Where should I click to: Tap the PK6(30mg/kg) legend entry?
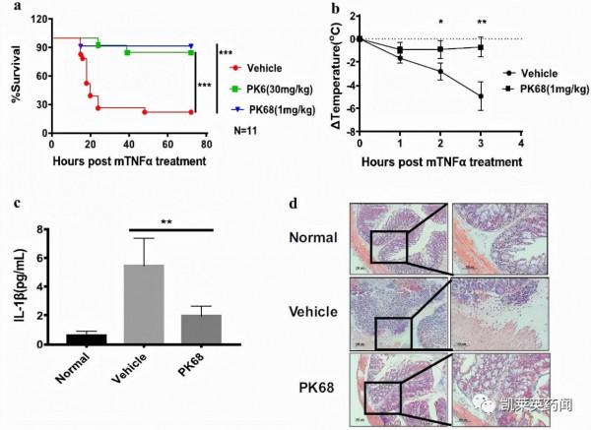(x=271, y=88)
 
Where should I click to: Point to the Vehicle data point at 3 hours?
(x=481, y=95)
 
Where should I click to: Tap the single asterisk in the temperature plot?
(x=441, y=21)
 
